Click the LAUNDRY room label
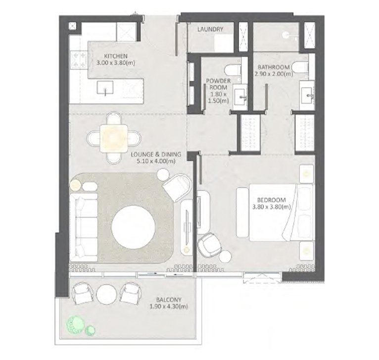pos(210,29)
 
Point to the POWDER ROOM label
pos(216,82)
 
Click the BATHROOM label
pos(274,67)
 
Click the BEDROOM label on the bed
pos(271,200)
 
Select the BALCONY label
pos(165,300)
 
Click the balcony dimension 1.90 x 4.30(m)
pos(165,307)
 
